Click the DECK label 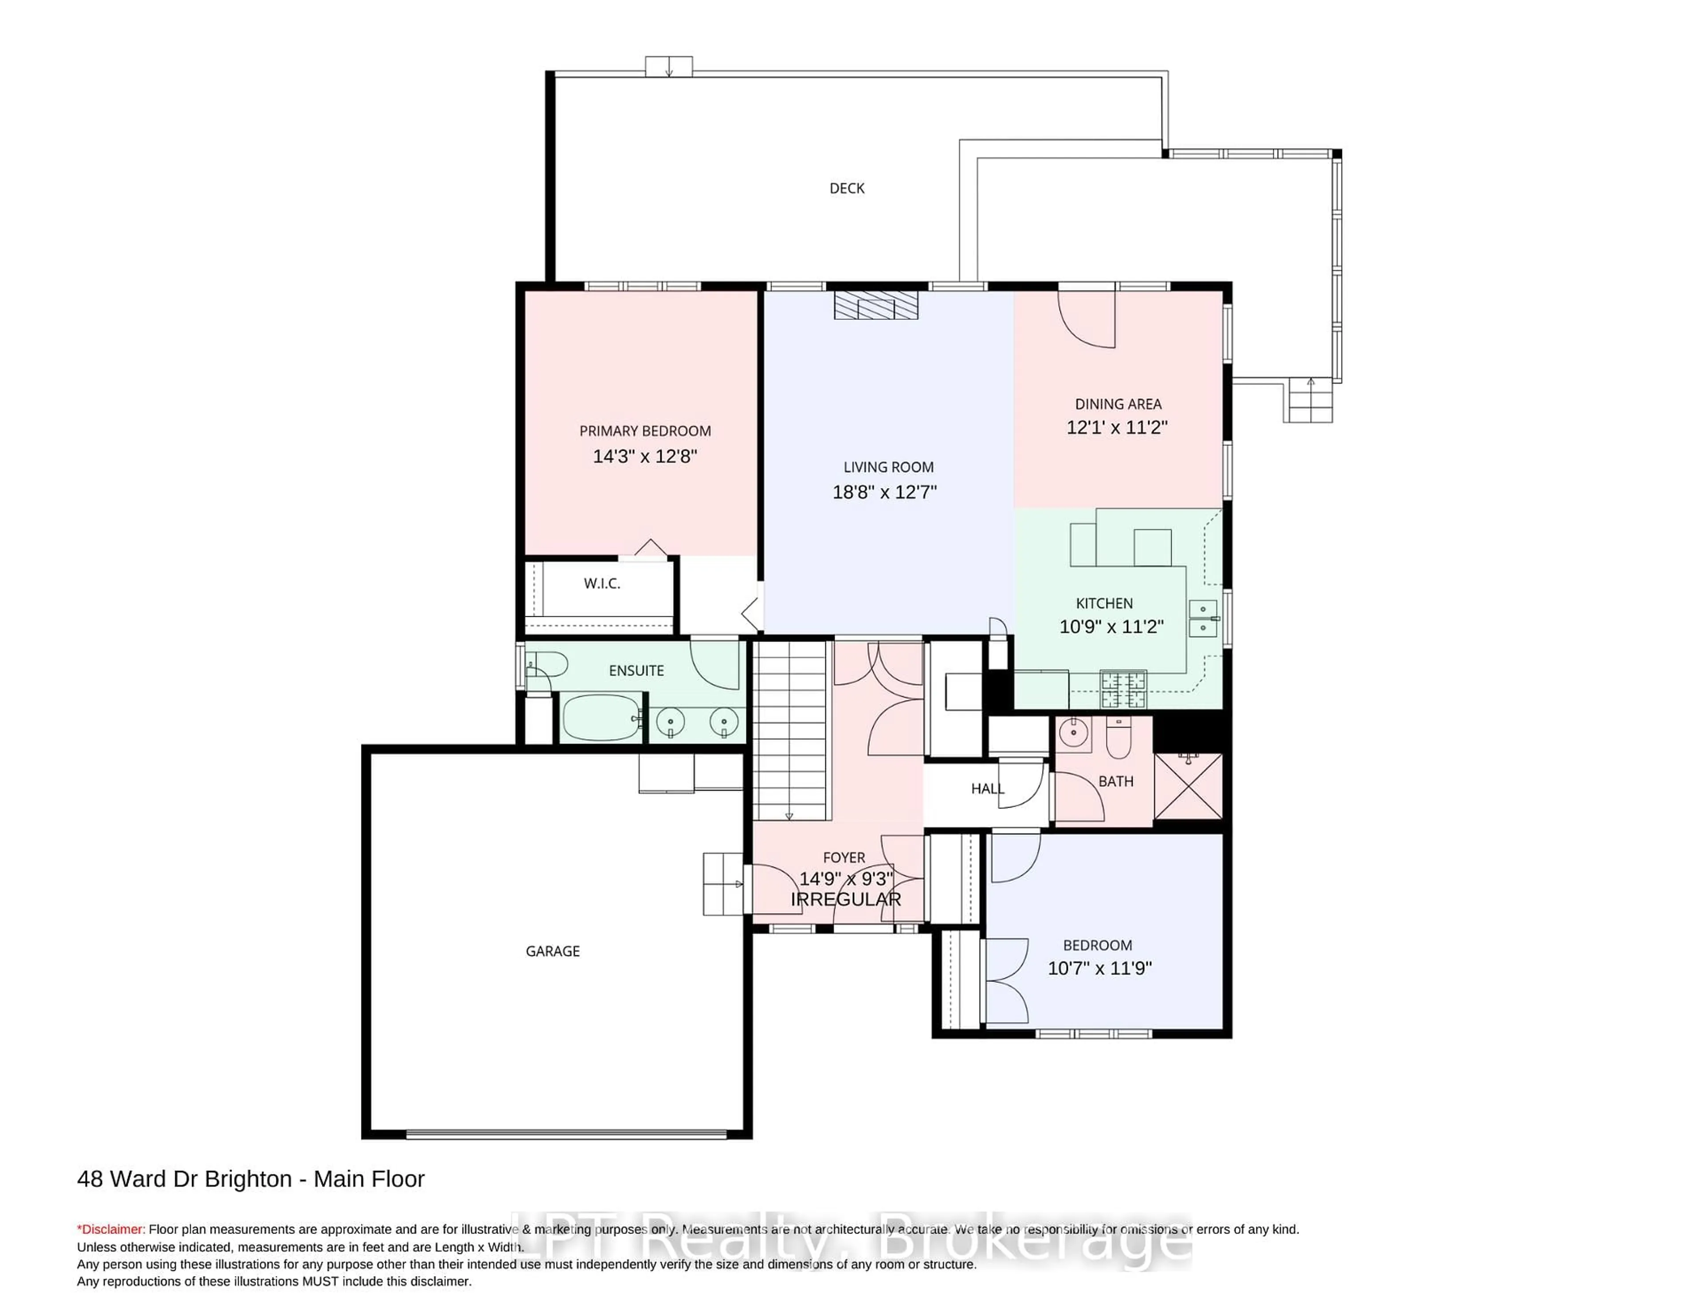click(847, 188)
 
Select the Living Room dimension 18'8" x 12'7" click(884, 492)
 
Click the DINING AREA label click(1118, 404)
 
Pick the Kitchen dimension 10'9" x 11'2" click(1111, 626)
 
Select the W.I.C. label click(602, 583)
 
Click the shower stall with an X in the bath click(1188, 785)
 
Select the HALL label click(987, 788)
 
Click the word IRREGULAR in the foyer click(846, 899)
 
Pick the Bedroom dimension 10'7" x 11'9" click(1099, 968)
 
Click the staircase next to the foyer click(789, 729)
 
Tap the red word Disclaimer click(111, 1229)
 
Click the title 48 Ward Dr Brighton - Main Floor click(250, 1179)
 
